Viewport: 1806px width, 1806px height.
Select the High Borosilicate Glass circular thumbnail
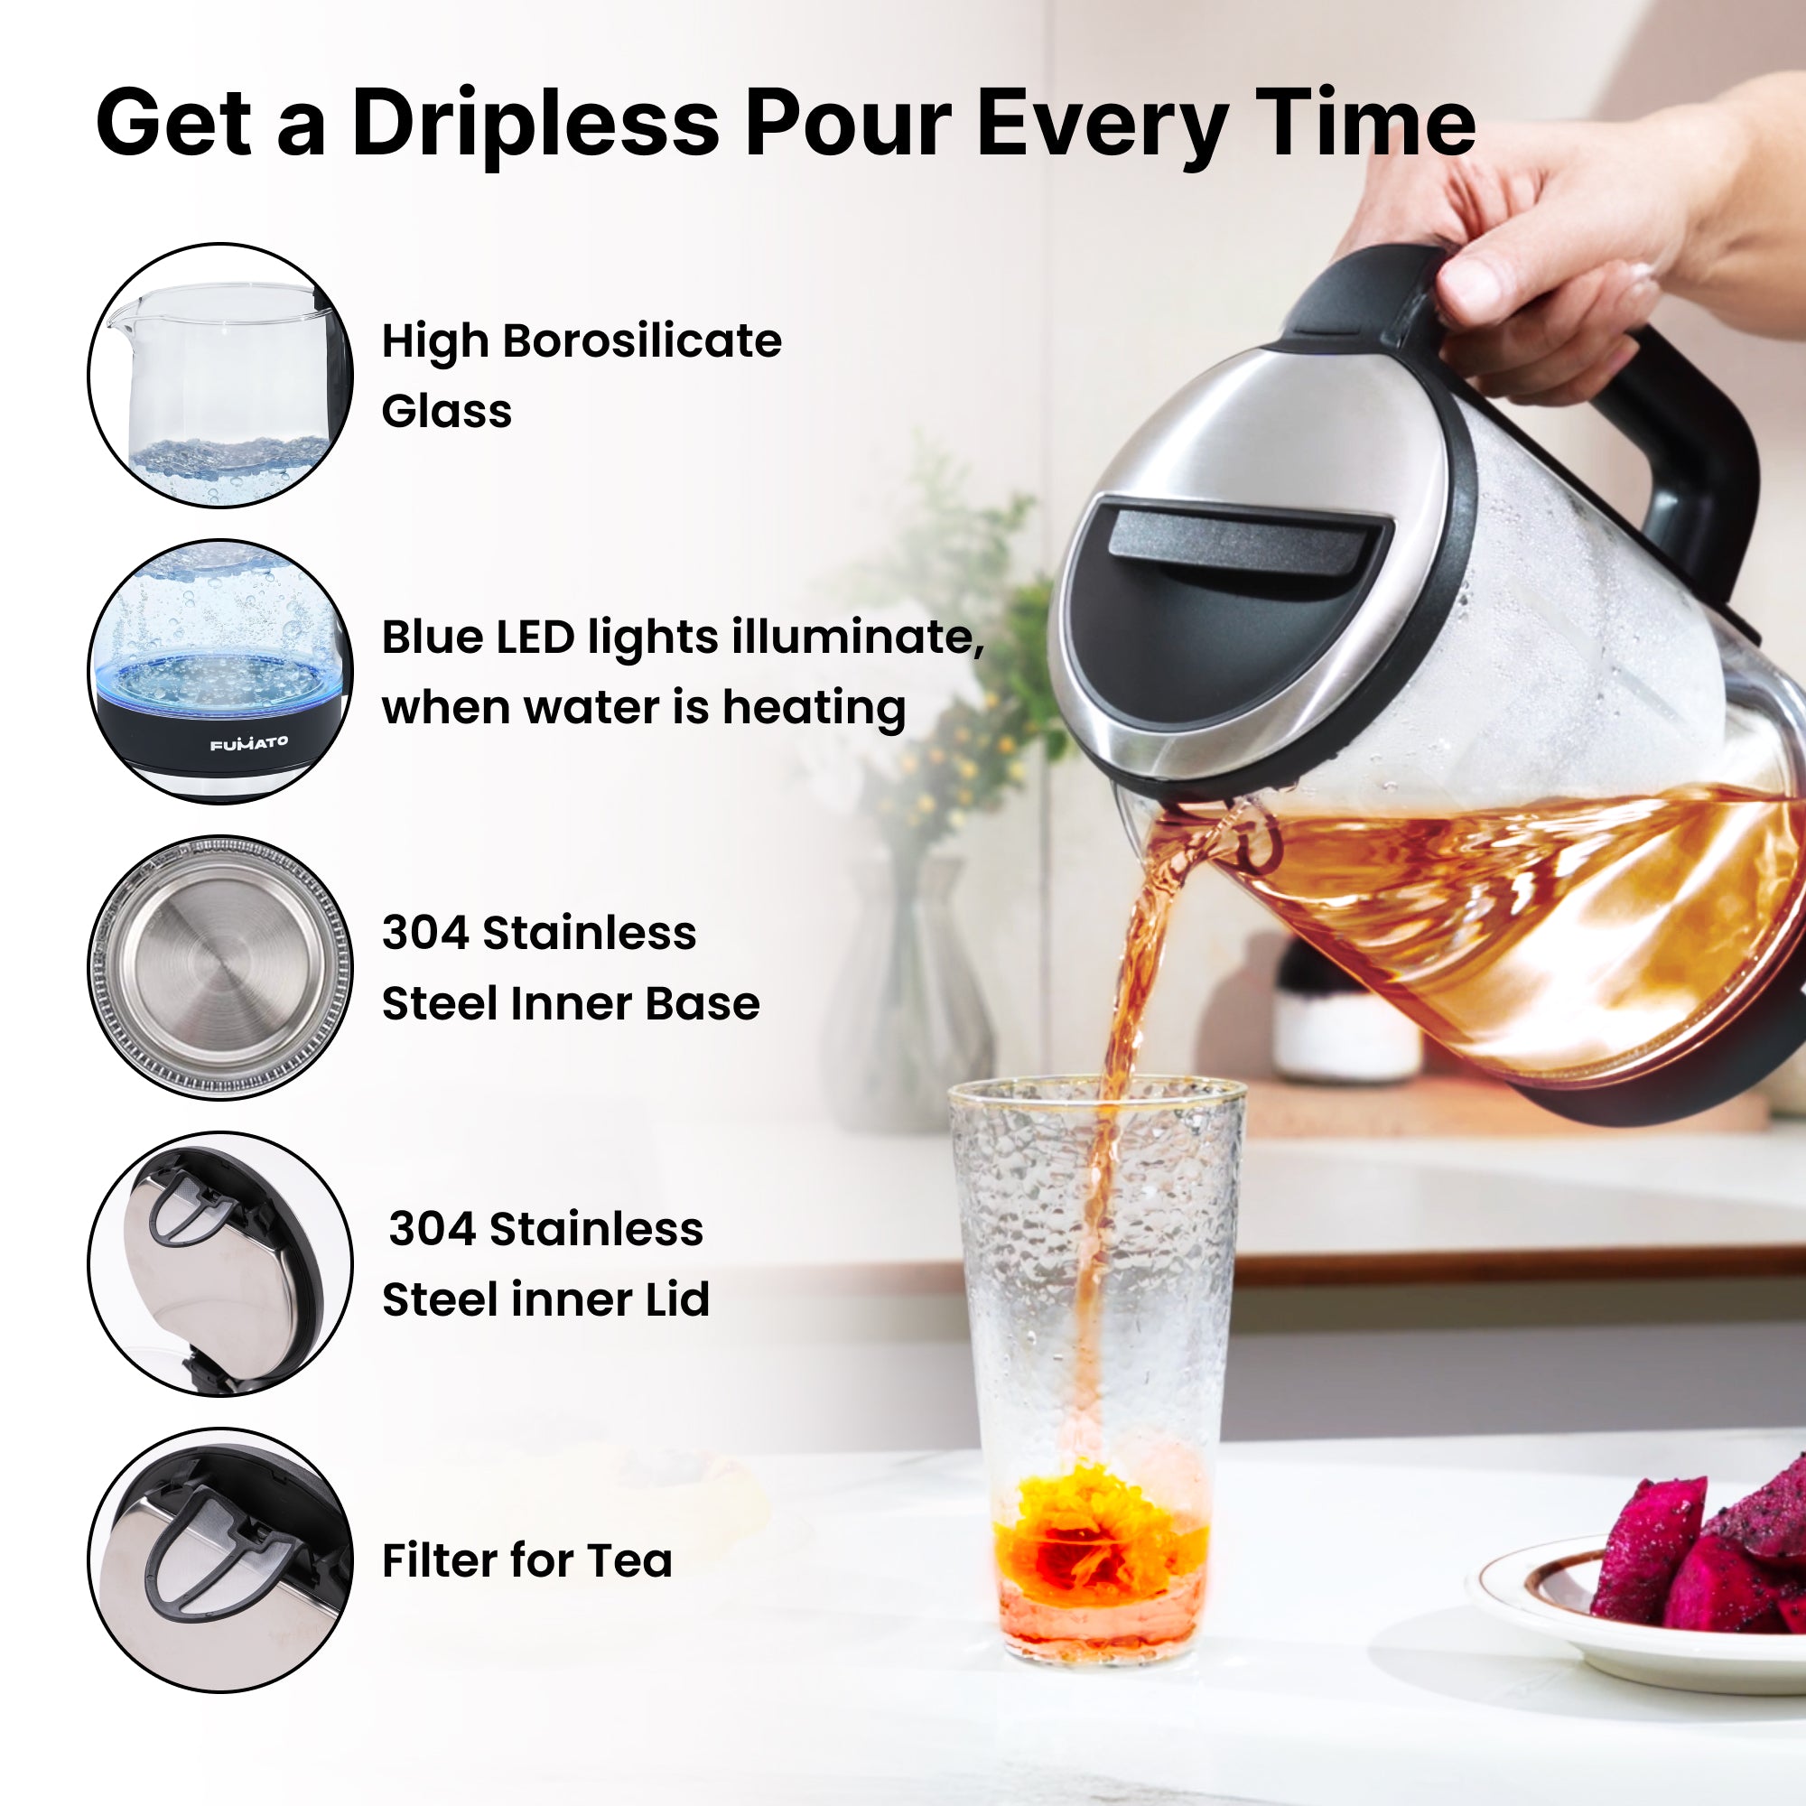pyautogui.click(x=221, y=375)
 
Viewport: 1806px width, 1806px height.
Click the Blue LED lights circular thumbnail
pyautogui.click(x=221, y=671)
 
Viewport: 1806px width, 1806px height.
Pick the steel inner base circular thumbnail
pyautogui.click(x=221, y=967)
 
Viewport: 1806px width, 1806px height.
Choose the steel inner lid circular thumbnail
pyautogui.click(x=221, y=1264)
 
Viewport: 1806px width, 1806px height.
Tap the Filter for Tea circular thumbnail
pyautogui.click(x=221, y=1560)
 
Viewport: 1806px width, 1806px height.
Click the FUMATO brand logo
pyautogui.click(x=248, y=743)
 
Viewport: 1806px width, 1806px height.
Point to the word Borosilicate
pyautogui.click(x=642, y=340)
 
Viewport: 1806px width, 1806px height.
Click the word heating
pyautogui.click(x=815, y=708)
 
